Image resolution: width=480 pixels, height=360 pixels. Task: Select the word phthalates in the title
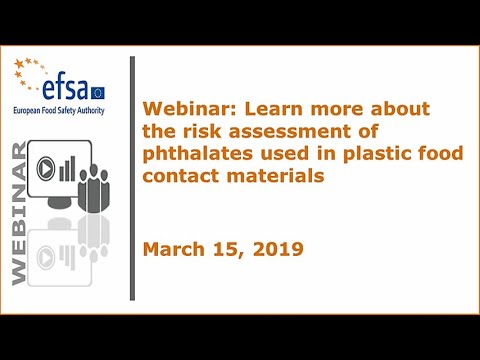198,154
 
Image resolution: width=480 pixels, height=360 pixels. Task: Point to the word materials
275,175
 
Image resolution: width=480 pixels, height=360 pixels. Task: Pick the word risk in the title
202,131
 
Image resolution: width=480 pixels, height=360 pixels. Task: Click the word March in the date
174,249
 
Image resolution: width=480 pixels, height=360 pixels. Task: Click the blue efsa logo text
65,89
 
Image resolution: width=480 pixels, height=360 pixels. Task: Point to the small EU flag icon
98,93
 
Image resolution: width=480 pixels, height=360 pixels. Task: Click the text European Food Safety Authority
59,110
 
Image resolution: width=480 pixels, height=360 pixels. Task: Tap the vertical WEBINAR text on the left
19,214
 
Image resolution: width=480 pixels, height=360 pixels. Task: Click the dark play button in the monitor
46,169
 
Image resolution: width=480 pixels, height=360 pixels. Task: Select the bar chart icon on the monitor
67,169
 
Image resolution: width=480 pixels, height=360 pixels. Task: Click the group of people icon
94,189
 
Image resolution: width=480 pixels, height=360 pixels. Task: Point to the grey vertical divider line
132,178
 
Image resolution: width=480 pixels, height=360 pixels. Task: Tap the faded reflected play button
46,258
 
